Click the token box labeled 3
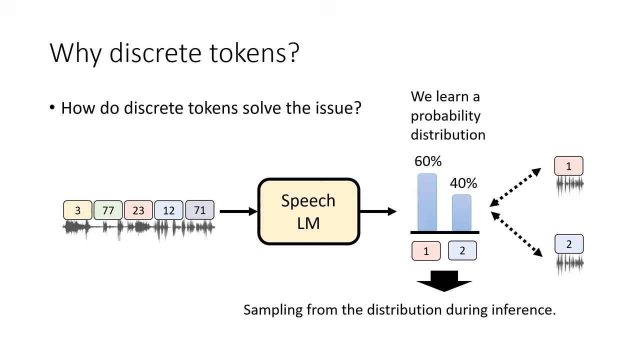click(77, 210)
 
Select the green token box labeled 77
click(108, 210)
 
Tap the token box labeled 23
click(138, 210)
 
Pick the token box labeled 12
click(169, 210)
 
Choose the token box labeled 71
click(199, 210)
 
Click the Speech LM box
click(308, 211)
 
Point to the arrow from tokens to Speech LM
click(237, 211)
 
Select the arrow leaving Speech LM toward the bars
click(377, 211)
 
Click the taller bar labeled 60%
click(427, 202)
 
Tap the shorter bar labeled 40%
click(461, 213)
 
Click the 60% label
click(428, 161)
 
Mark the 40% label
click(463, 183)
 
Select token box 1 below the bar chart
click(426, 251)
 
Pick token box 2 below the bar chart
click(462, 251)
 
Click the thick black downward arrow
click(444, 281)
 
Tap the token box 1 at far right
click(568, 166)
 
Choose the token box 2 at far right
click(568, 244)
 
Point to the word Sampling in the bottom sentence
click(272, 310)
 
